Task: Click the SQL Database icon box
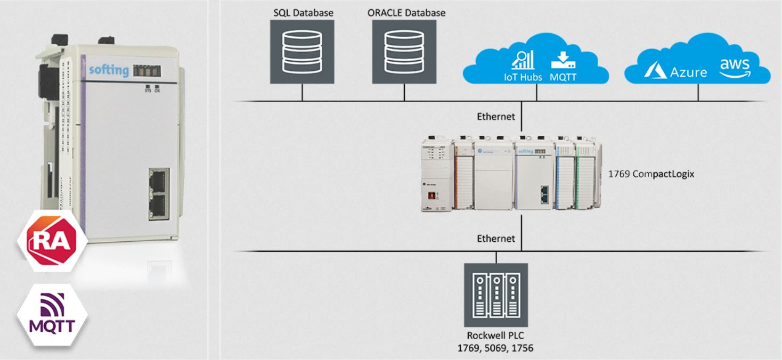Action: [x=302, y=52]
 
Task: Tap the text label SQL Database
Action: [x=303, y=12]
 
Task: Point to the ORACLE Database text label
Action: [x=406, y=12]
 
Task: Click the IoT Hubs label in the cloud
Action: [x=523, y=77]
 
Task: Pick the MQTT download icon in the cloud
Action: [x=563, y=60]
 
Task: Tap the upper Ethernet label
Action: [x=496, y=116]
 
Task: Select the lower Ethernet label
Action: [x=496, y=238]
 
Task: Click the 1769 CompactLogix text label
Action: [x=651, y=174]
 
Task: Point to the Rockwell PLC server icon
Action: [x=496, y=295]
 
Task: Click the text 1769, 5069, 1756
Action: [x=496, y=348]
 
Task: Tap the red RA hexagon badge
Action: [x=52, y=241]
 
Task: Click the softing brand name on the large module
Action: [x=109, y=70]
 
